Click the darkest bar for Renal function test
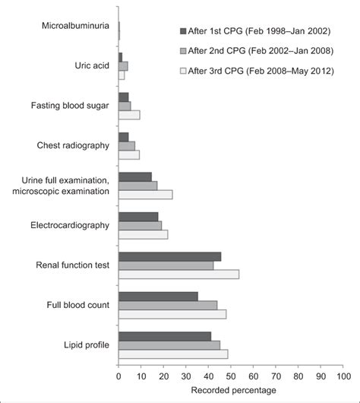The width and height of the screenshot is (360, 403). pyautogui.click(x=169, y=256)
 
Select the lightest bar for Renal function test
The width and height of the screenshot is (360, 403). pyautogui.click(x=178, y=274)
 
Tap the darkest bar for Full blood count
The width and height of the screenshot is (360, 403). pyautogui.click(x=158, y=296)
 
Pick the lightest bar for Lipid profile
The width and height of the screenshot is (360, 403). pyautogui.click(x=173, y=354)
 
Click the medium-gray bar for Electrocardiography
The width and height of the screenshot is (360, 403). pyautogui.click(x=140, y=226)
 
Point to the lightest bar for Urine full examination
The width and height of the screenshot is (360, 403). pyautogui.click(x=145, y=195)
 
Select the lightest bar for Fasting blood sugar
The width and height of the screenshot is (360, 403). pyautogui.click(x=129, y=115)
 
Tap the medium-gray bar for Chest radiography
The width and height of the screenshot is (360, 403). pyautogui.click(x=127, y=145)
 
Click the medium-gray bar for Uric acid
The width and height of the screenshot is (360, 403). pyautogui.click(x=123, y=66)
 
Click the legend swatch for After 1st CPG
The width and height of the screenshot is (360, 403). pyautogui.click(x=182, y=31)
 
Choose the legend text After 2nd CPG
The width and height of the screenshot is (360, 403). pyautogui.click(x=263, y=51)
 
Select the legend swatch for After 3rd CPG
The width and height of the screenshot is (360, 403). pyautogui.click(x=182, y=71)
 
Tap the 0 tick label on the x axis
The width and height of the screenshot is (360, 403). pyautogui.click(x=119, y=376)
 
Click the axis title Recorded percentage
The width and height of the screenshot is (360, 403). pyautogui.click(x=230, y=390)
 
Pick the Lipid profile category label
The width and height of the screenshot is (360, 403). pyautogui.click(x=86, y=344)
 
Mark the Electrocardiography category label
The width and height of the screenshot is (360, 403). pyautogui.click(x=70, y=225)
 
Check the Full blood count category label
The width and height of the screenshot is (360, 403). pyautogui.click(x=78, y=305)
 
